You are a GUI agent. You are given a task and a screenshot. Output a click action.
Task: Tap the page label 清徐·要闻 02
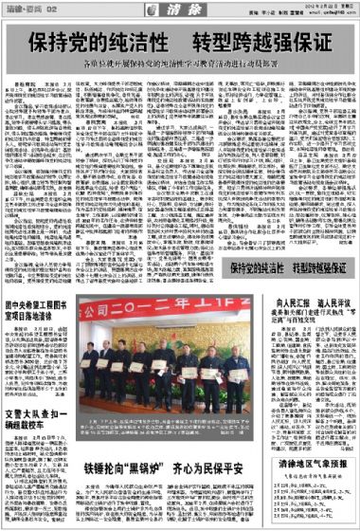[x=29, y=9]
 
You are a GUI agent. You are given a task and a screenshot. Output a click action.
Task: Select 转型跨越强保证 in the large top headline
[x=261, y=45]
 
